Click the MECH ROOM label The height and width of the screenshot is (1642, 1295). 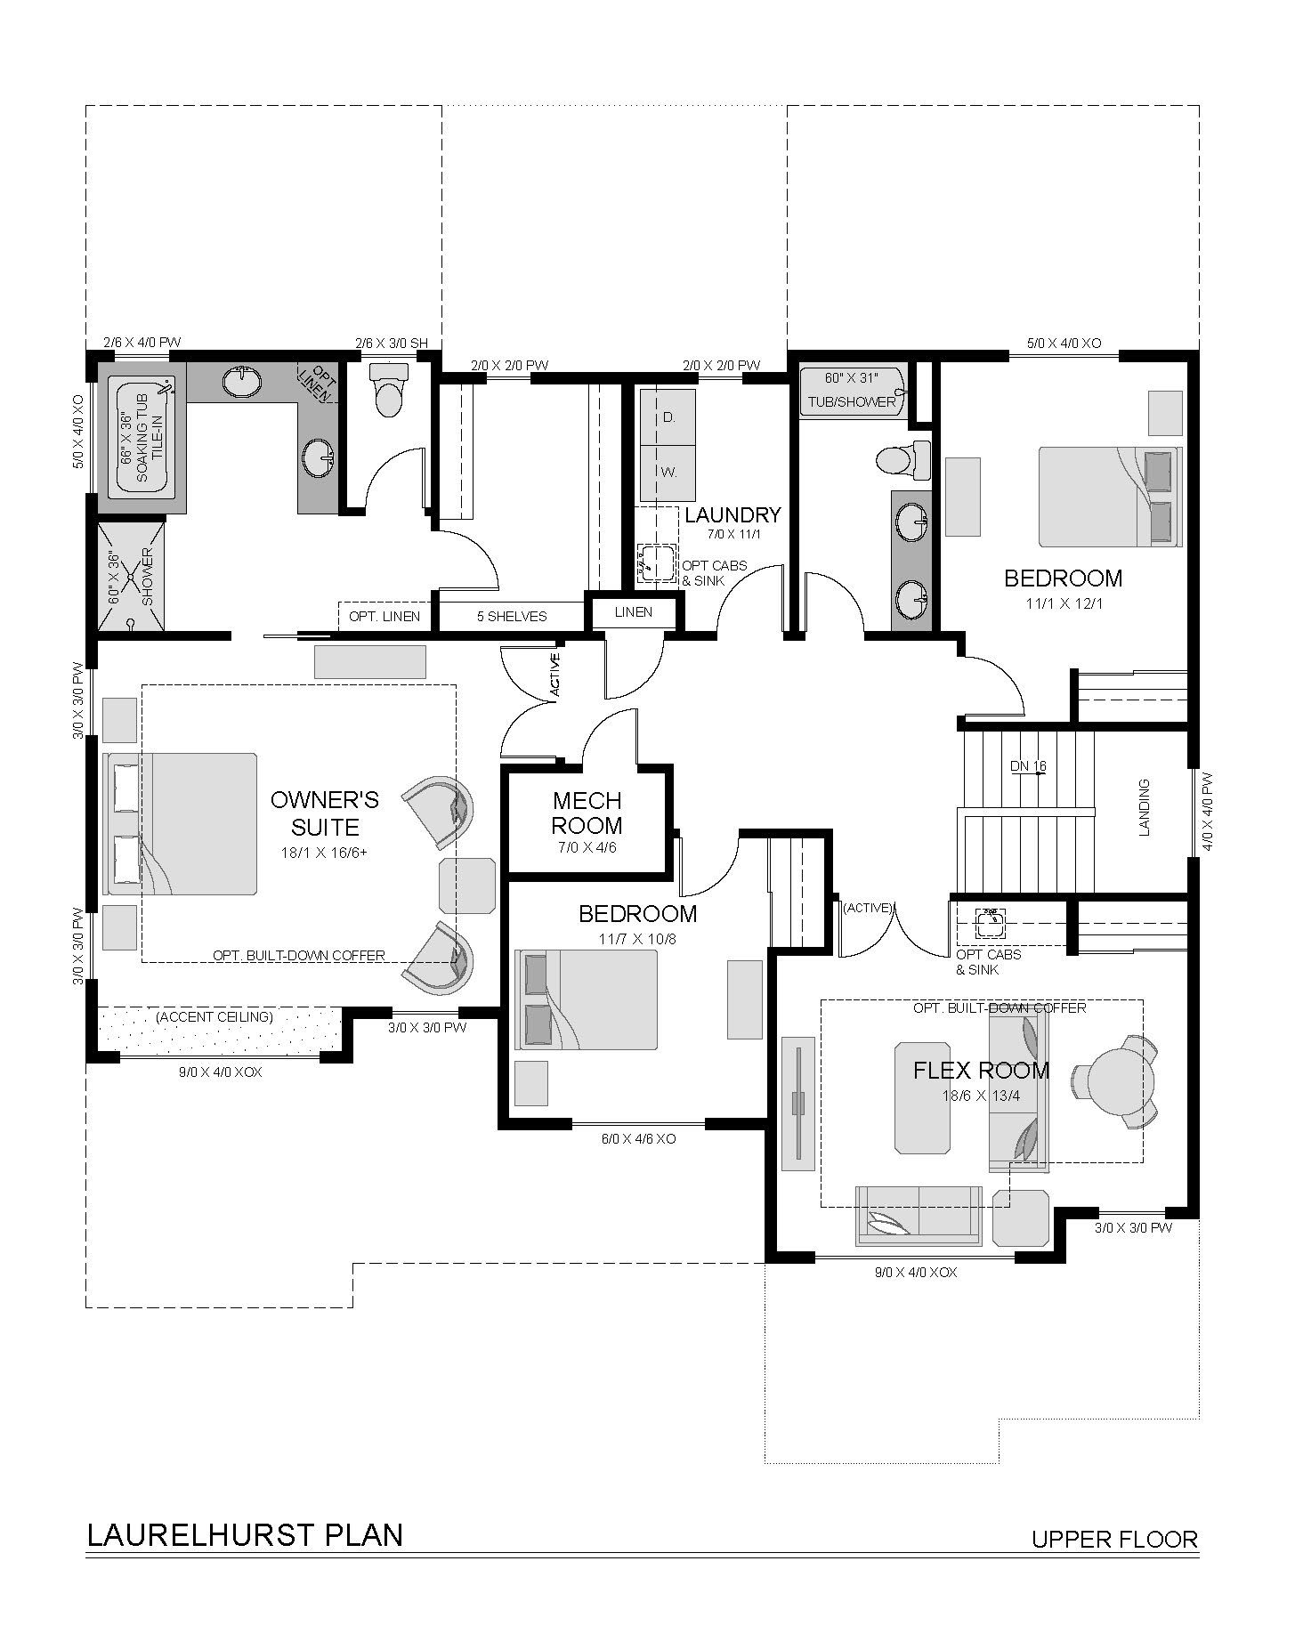[x=587, y=813]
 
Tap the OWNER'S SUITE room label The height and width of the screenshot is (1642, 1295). [x=325, y=813]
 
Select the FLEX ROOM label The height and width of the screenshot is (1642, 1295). [x=982, y=1070]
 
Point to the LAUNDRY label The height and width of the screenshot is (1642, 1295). [x=732, y=514]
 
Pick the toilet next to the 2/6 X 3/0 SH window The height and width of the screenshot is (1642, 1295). [x=388, y=389]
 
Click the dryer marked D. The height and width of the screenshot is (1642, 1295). [x=668, y=417]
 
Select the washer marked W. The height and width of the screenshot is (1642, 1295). [x=668, y=473]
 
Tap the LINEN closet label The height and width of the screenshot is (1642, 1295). [x=634, y=612]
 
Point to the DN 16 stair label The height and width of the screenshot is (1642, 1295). [x=1028, y=766]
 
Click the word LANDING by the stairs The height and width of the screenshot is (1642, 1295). [x=1145, y=807]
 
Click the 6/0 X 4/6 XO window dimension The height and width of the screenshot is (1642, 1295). [x=638, y=1138]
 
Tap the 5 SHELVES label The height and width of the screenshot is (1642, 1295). [x=512, y=616]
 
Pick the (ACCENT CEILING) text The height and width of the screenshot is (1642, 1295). [x=214, y=1016]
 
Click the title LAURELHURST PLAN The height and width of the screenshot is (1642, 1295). [x=245, y=1535]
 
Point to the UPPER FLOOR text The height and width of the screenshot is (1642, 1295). [x=1115, y=1539]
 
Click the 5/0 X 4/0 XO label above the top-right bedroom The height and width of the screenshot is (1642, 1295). [x=1064, y=343]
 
